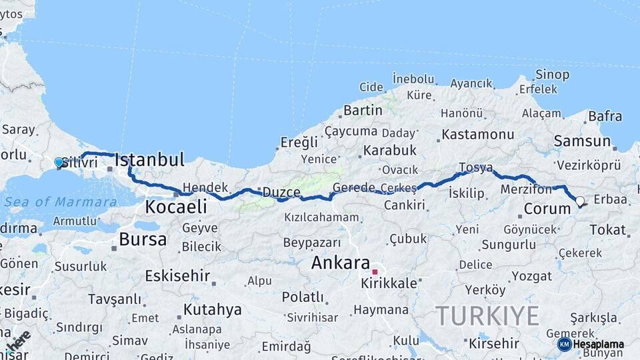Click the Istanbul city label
pyautogui.click(x=149, y=160)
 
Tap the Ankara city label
pyautogui.click(x=340, y=263)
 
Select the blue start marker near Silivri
pyautogui.click(x=59, y=162)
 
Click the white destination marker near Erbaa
pyautogui.click(x=579, y=201)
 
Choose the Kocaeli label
pyautogui.click(x=176, y=207)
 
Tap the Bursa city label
pyautogui.click(x=143, y=239)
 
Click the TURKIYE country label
pyautogui.click(x=487, y=315)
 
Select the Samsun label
pyautogui.click(x=582, y=141)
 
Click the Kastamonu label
pyautogui.click(x=478, y=134)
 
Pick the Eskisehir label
pyautogui.click(x=177, y=275)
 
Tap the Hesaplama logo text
pyautogui.click(x=598, y=345)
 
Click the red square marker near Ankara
pyautogui.click(x=375, y=272)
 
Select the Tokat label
pyautogui.click(x=607, y=230)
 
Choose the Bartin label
pyautogui.click(x=363, y=110)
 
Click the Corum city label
pyautogui.click(x=547, y=209)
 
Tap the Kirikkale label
pyautogui.click(x=389, y=283)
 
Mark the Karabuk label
pyautogui.click(x=390, y=150)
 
